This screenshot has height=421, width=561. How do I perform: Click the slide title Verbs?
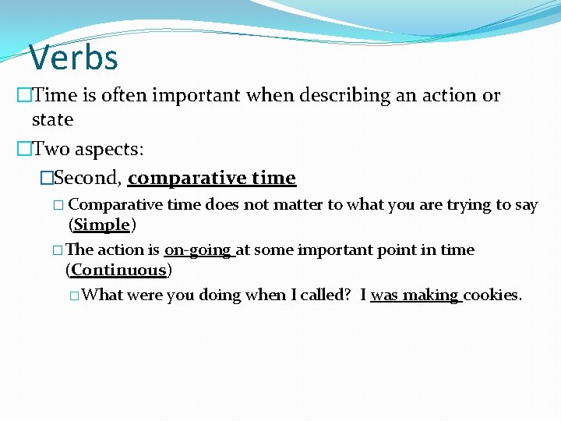coord(73,58)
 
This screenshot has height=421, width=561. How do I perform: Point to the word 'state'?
coord(52,120)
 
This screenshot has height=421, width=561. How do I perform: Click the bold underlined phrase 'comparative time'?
coord(212,179)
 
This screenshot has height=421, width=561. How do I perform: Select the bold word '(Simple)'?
coord(102,225)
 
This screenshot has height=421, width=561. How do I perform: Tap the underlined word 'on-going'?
coord(199,250)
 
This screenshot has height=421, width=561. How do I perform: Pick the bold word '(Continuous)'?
coord(119,271)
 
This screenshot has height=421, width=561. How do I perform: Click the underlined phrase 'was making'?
coord(415,295)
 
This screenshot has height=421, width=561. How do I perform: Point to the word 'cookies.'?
coord(492,295)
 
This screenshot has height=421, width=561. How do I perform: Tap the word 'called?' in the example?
coord(322,295)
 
